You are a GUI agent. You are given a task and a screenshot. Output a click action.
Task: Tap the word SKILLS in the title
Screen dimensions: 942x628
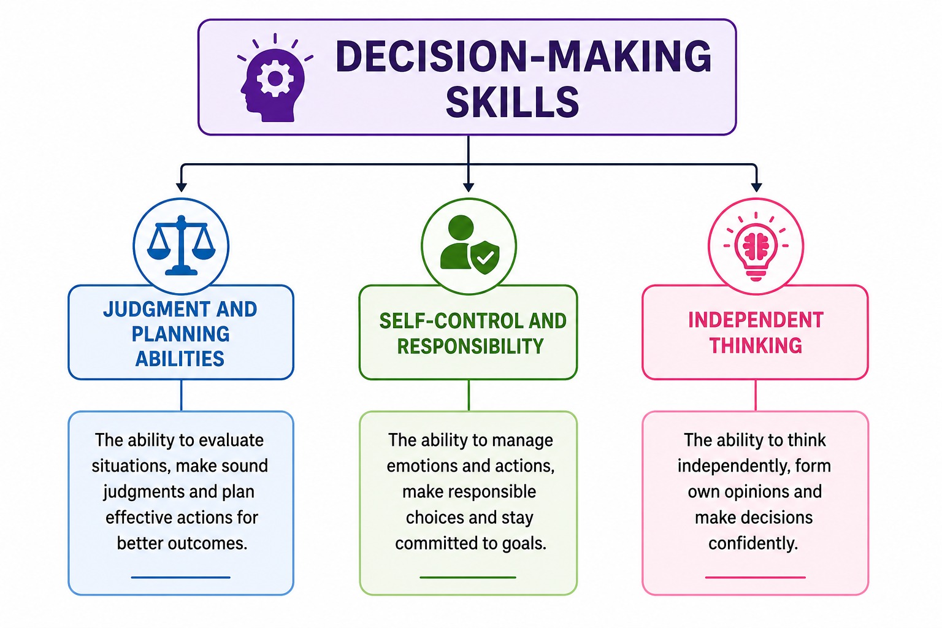[512, 102]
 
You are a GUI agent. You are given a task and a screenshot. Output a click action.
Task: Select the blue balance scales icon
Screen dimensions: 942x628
[182, 245]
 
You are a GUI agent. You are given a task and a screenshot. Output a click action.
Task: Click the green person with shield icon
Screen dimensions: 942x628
[469, 244]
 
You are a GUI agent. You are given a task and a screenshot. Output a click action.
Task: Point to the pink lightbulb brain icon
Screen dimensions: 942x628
[756, 246]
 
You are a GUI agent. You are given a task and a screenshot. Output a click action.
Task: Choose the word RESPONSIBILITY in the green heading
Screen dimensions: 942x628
[470, 347]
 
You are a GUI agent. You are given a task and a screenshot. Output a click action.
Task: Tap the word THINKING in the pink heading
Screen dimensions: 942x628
[756, 345]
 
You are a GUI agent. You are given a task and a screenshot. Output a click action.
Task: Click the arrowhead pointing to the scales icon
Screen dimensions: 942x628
[182, 187]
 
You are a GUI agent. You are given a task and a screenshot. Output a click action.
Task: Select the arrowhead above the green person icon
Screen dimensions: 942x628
[469, 187]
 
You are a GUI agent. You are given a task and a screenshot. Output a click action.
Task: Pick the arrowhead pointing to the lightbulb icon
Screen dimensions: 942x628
[757, 187]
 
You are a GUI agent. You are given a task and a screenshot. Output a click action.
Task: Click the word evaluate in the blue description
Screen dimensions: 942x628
[231, 440]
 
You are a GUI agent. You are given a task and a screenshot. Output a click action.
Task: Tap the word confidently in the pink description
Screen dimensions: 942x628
[753, 543]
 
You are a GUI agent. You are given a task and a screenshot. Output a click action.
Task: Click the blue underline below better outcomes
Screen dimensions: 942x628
[181, 578]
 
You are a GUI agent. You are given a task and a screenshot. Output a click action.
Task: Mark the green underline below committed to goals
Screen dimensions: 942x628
[468, 578]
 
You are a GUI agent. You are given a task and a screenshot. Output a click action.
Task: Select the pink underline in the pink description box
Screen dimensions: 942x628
[756, 578]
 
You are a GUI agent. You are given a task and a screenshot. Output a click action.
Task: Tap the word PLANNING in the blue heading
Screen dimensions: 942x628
[181, 334]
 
